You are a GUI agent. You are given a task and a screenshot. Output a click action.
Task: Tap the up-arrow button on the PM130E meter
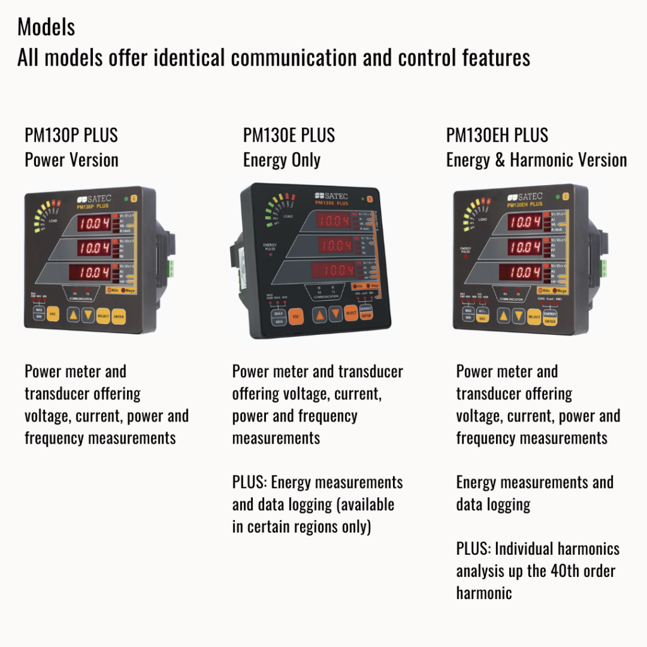click(x=321, y=315)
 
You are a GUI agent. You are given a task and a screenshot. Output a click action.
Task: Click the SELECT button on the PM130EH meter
click(x=534, y=316)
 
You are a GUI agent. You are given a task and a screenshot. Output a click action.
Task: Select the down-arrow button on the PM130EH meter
click(x=517, y=316)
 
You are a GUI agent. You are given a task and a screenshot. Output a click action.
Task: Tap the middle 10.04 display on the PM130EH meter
click(x=524, y=247)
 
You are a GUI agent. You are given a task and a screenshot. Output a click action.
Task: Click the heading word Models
click(x=46, y=27)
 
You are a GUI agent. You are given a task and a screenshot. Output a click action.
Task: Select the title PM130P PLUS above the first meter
click(x=71, y=135)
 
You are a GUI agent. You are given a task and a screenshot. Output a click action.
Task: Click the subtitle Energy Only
click(x=281, y=160)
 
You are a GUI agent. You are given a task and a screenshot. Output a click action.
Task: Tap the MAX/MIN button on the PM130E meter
click(x=279, y=317)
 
